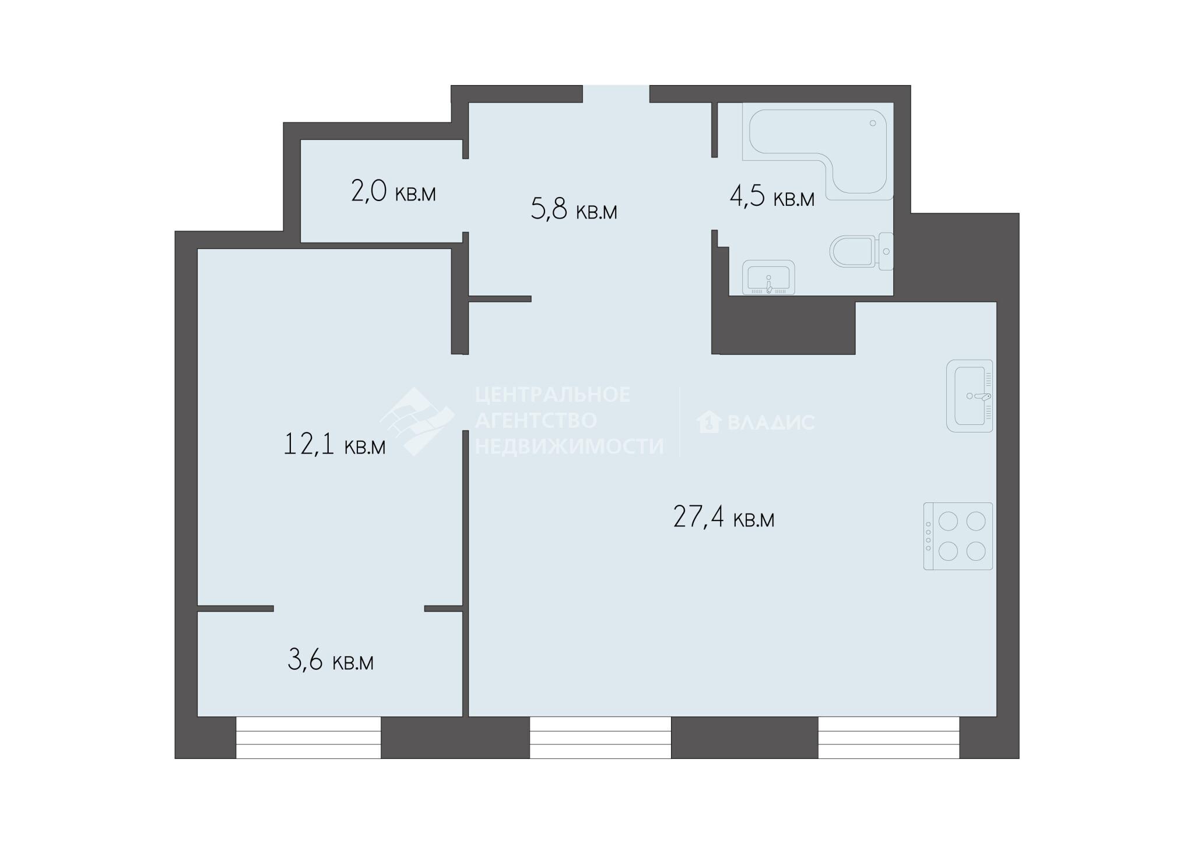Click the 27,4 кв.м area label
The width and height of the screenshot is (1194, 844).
[724, 517]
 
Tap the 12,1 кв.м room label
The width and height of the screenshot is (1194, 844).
[335, 444]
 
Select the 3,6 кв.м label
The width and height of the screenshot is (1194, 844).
[331, 660]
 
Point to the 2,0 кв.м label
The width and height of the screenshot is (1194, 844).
[394, 191]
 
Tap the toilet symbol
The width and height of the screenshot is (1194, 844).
[861, 252]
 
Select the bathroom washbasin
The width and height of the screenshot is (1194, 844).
[768, 277]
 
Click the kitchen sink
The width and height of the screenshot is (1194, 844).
[970, 396]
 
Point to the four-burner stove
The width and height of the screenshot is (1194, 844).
[958, 536]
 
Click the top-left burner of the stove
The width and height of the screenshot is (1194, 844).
[949, 521]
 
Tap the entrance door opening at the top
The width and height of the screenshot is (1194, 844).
[616, 94]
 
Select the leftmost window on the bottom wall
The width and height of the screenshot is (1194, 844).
[308, 737]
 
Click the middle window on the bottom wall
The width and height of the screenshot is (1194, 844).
[600, 737]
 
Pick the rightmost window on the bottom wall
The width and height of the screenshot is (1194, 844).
[889, 737]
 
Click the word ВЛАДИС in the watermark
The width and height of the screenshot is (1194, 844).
[771, 422]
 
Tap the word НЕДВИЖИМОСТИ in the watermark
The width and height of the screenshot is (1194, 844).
[570, 446]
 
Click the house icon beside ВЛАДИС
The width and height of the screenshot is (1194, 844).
[709, 421]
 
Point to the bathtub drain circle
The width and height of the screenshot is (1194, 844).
[873, 123]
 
